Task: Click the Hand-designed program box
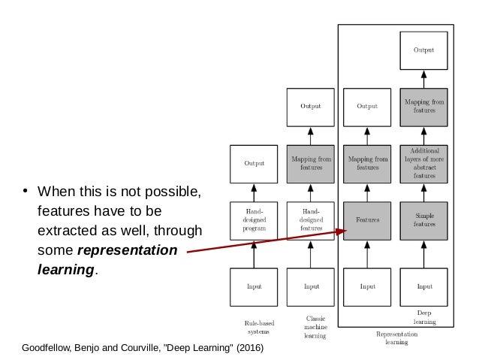[254, 220]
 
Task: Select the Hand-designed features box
[311, 220]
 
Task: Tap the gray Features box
[367, 220]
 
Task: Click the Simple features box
[424, 220]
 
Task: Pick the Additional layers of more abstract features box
[424, 163]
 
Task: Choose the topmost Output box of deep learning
[424, 50]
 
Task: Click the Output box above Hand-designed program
[254, 163]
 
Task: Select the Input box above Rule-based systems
[254, 286]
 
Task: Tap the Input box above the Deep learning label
[424, 286]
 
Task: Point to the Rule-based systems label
[255, 326]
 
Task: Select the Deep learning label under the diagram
[424, 316]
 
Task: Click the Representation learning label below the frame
[391, 337]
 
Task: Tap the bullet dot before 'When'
[25, 189]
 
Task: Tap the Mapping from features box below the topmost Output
[424, 106]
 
